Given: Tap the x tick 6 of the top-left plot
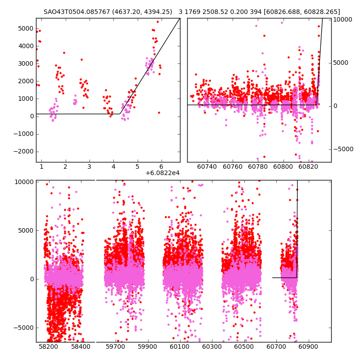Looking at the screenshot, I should click(161, 167).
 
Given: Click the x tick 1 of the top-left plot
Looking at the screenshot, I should click(41, 167).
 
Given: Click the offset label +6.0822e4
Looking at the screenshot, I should click(162, 173).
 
